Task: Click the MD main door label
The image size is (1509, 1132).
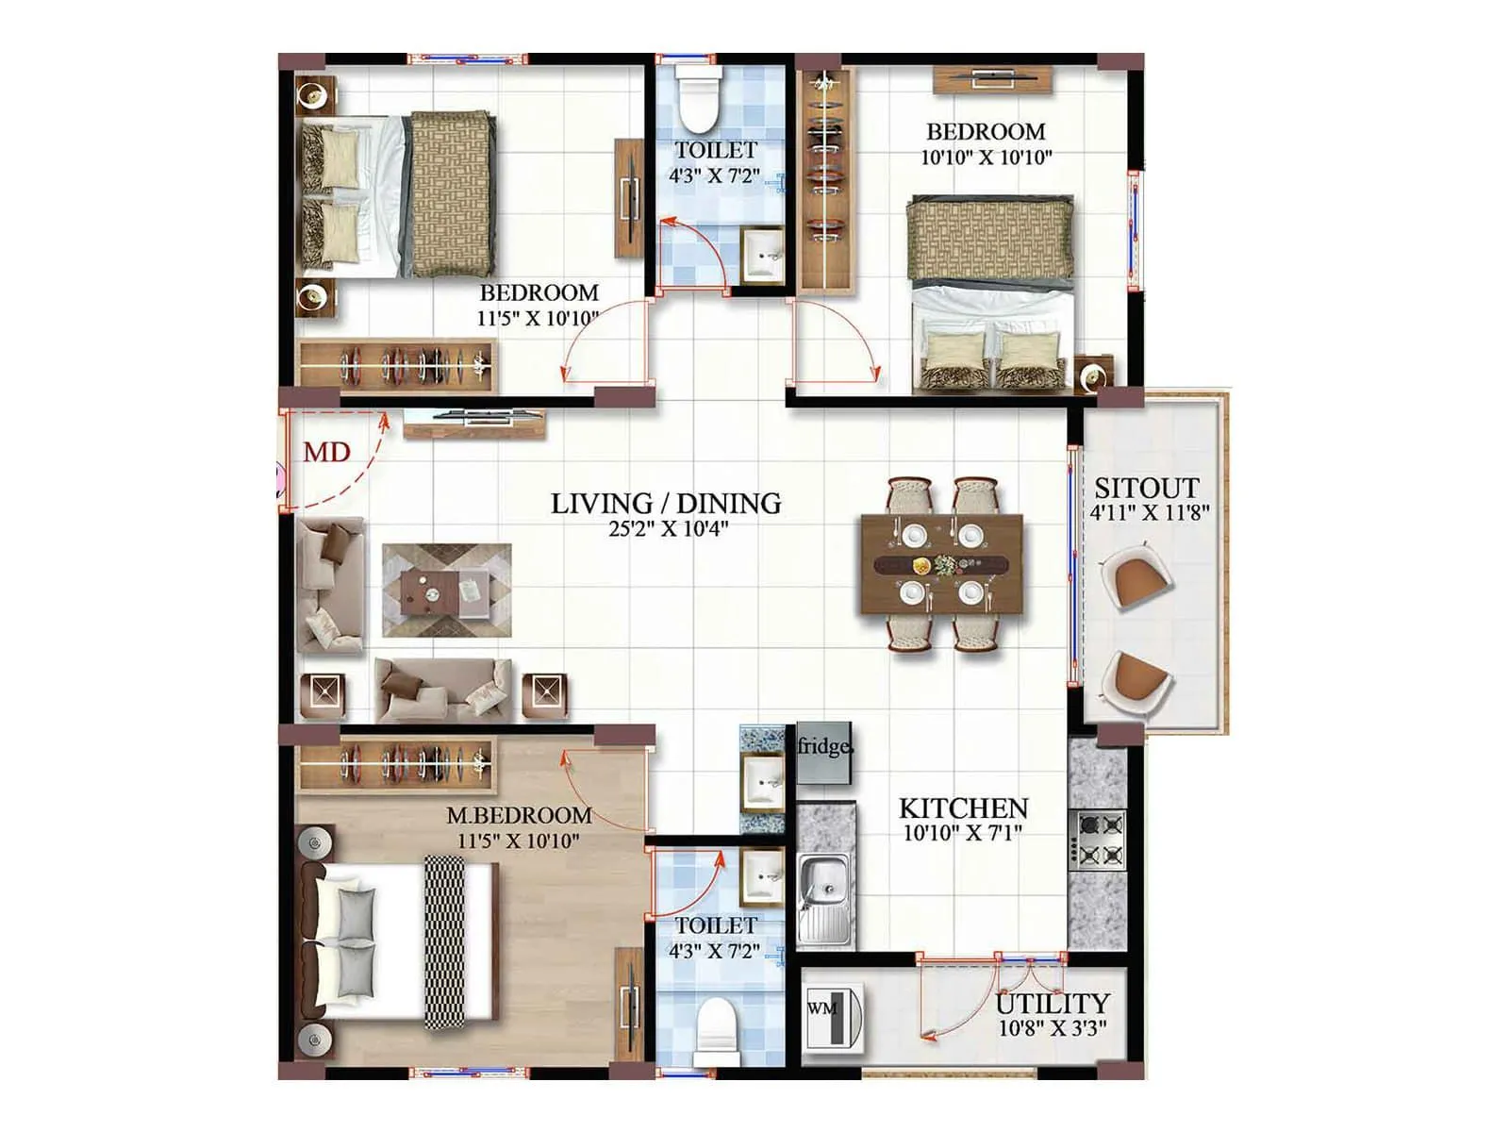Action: coord(326,453)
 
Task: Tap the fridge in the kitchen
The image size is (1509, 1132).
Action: coord(824,753)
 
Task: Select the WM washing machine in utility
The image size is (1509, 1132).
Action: coord(834,1017)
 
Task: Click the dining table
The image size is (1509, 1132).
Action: coord(941,564)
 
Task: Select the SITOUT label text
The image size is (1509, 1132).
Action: coord(1147,489)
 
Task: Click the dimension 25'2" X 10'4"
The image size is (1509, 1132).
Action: coord(668,529)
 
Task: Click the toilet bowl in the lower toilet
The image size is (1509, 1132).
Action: coord(717,1030)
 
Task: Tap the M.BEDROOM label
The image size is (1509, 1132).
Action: coord(519,815)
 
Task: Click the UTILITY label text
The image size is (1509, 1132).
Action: coord(1053,1004)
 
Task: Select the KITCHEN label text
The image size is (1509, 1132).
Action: coord(963,808)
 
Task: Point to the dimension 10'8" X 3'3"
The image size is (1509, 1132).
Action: coord(1053,1029)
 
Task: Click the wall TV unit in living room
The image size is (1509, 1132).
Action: coord(474,423)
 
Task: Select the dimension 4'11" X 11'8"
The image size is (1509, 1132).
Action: coord(1149,514)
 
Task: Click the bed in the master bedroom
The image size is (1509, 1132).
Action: coord(401,941)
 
